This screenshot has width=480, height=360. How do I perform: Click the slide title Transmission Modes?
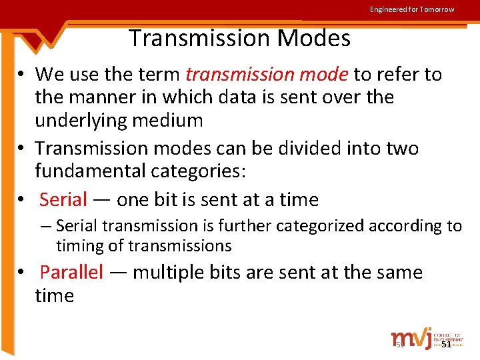tap(239, 39)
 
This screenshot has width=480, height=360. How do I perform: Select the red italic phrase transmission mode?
tap(267, 74)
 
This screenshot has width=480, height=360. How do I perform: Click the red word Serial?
tap(63, 199)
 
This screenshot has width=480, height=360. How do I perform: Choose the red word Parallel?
tap(72, 273)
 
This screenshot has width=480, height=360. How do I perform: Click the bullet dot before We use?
tap(22, 75)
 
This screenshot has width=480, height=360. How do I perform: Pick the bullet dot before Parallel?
tap(22, 273)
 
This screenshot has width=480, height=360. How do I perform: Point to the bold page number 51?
tap(447, 344)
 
